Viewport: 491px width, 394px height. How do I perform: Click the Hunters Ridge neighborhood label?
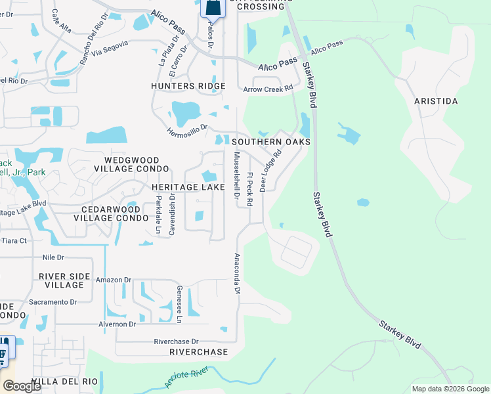[x=188, y=86]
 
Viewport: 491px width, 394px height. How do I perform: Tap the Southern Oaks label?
[x=270, y=142]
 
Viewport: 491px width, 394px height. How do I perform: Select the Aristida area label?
[x=436, y=101]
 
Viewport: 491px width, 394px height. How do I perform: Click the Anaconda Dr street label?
[x=238, y=273]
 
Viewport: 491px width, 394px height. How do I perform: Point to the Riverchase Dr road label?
[x=176, y=341]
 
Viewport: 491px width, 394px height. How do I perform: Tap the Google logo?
[x=21, y=386]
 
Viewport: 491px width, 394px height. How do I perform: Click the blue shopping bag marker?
[x=213, y=7]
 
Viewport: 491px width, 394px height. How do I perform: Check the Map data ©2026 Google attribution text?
[x=450, y=389]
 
